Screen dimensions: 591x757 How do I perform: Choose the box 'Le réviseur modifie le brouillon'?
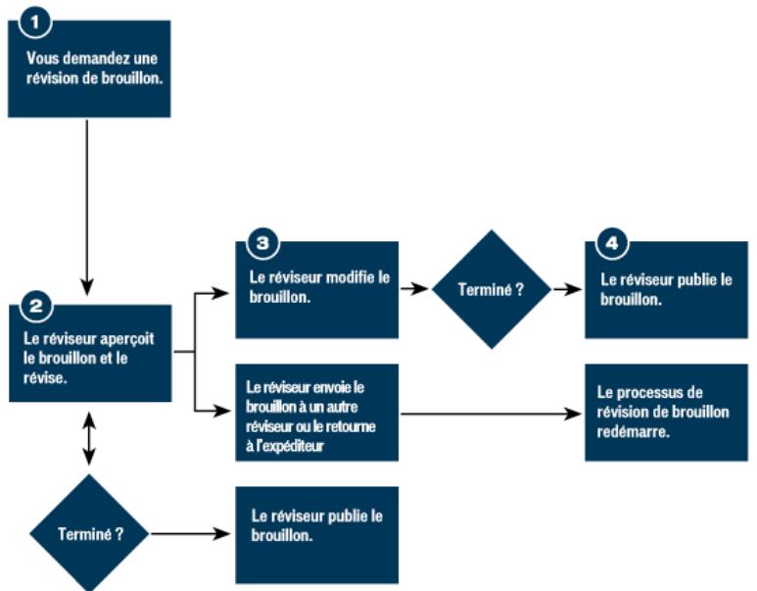coord(316,290)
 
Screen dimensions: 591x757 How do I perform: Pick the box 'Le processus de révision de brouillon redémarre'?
coord(667,412)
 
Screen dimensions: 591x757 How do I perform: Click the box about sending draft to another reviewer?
coord(316,412)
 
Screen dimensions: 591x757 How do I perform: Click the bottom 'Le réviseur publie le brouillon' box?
coord(316,535)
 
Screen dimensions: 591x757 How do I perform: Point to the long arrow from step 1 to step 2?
coord(88,206)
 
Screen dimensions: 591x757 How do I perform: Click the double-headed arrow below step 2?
coord(89,440)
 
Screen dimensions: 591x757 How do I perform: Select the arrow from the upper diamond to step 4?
coord(566,290)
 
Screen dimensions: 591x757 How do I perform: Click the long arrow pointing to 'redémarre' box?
coord(490,413)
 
